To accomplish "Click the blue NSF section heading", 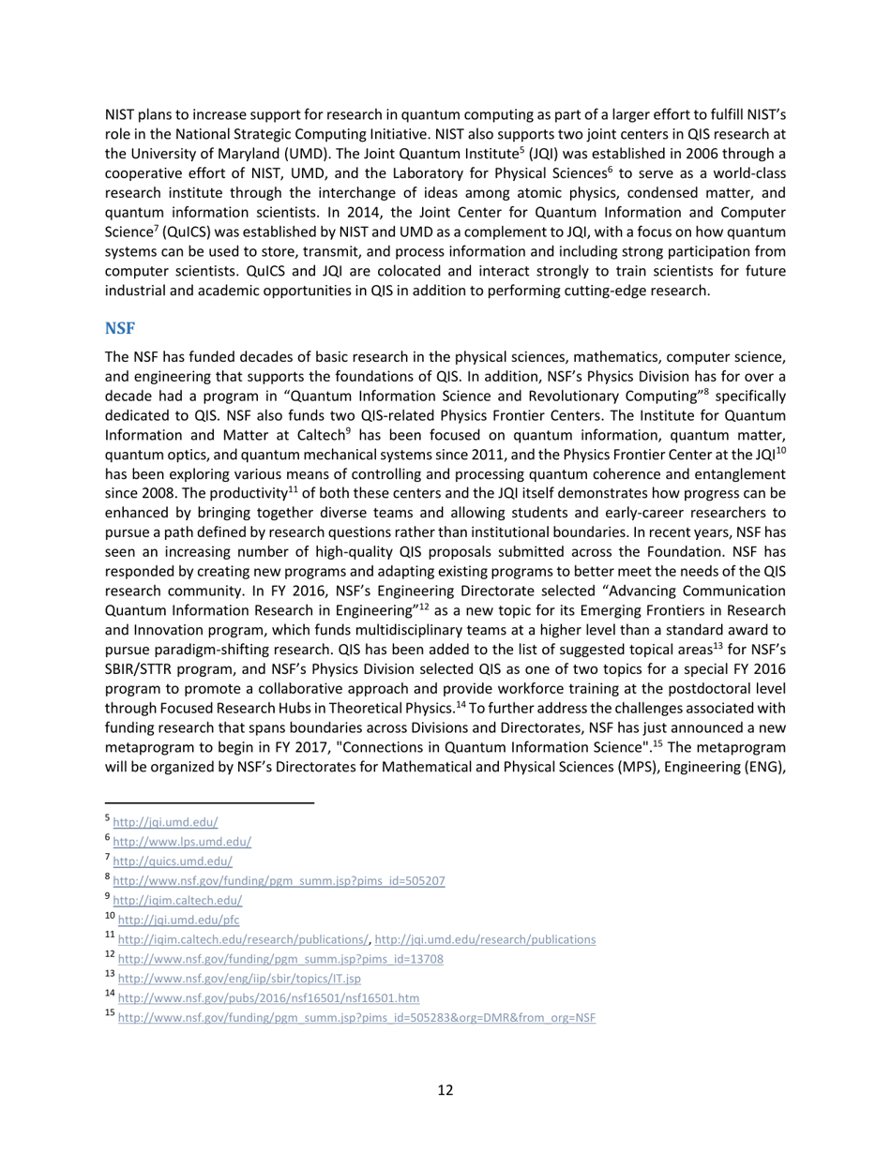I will (x=120, y=328).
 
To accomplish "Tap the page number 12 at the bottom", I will (x=445, y=1089).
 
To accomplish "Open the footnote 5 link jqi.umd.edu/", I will (x=165, y=822).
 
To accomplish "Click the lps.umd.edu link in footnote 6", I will (x=182, y=842).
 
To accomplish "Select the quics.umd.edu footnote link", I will (x=173, y=861).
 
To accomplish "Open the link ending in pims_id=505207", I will (x=279, y=881).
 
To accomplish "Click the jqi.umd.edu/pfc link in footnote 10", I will (x=178, y=920).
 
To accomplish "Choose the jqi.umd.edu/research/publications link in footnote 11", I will (x=485, y=939).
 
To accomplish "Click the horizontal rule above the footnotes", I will (x=209, y=803).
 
